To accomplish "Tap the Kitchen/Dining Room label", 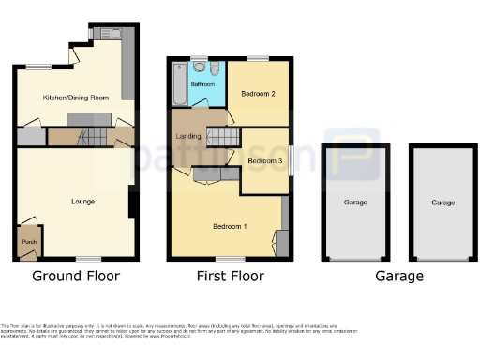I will (76, 97).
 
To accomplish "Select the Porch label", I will (28, 241).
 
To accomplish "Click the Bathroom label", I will (203, 84).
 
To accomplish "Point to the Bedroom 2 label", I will (257, 94).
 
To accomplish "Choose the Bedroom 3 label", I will (264, 161).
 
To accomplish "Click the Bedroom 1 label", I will (230, 227).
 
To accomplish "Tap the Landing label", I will (188, 138).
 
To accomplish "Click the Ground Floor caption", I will (75, 277).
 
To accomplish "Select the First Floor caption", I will (230, 277).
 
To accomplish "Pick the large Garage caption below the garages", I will (398, 277).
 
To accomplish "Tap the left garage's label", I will (354, 202).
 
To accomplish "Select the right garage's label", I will (442, 202).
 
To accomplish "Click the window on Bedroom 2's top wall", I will (259, 58).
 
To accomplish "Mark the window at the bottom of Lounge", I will (89, 259).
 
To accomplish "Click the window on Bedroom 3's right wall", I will (290, 160).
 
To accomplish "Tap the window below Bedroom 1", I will (230, 258).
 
